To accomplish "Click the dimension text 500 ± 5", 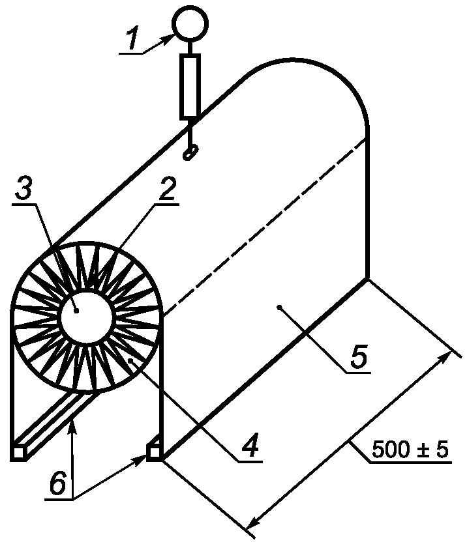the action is [411, 450].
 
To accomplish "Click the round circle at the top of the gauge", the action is [189, 23].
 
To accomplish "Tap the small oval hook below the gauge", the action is [190, 153].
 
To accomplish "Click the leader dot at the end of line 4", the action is [130, 360].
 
